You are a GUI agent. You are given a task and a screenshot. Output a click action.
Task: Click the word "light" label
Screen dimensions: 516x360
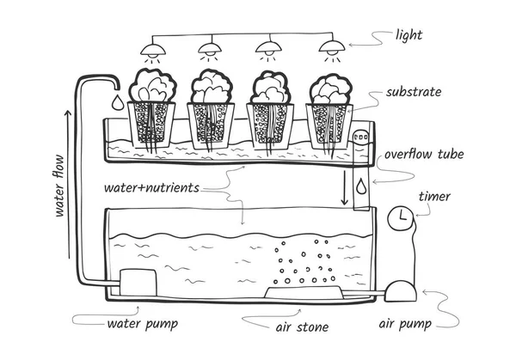click(408, 36)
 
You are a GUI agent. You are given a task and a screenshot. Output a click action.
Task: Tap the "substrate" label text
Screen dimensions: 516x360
click(414, 92)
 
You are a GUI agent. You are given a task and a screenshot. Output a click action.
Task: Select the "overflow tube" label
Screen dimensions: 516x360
click(424, 154)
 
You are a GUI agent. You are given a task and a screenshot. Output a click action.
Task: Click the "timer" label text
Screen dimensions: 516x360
click(434, 197)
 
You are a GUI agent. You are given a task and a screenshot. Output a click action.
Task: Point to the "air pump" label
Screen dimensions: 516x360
click(405, 324)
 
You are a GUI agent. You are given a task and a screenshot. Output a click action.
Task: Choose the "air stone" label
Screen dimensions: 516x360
click(302, 327)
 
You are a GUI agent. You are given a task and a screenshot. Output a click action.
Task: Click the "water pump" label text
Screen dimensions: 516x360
click(143, 324)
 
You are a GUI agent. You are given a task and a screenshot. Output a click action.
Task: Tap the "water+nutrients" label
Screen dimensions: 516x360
click(151, 187)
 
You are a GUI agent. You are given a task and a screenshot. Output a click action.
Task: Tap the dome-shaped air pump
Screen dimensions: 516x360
click(401, 291)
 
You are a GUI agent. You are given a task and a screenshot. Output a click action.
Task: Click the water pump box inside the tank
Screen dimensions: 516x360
click(138, 282)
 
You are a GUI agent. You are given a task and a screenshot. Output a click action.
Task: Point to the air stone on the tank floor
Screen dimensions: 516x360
click(304, 293)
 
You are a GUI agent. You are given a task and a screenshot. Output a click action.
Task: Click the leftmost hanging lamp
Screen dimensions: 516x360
click(153, 50)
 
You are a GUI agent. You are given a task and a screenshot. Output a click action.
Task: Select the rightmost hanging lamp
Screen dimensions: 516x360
click(332, 46)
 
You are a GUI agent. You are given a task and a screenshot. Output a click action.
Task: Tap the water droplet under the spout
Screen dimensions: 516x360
click(118, 102)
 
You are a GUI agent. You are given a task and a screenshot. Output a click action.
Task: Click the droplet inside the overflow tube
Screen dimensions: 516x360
click(361, 186)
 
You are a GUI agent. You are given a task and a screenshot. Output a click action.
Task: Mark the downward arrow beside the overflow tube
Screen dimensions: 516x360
click(344, 187)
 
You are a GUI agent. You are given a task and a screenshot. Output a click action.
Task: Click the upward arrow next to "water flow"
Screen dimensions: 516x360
click(68, 184)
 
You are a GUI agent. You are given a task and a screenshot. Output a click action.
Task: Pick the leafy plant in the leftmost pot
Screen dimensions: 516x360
click(152, 85)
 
